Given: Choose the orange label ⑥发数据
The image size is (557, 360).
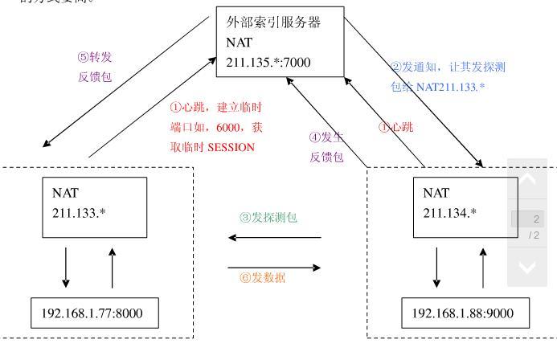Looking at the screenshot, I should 263,279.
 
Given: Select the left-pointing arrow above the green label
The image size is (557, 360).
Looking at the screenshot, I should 274,238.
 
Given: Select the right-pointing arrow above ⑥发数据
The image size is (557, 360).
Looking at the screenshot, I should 274,268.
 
